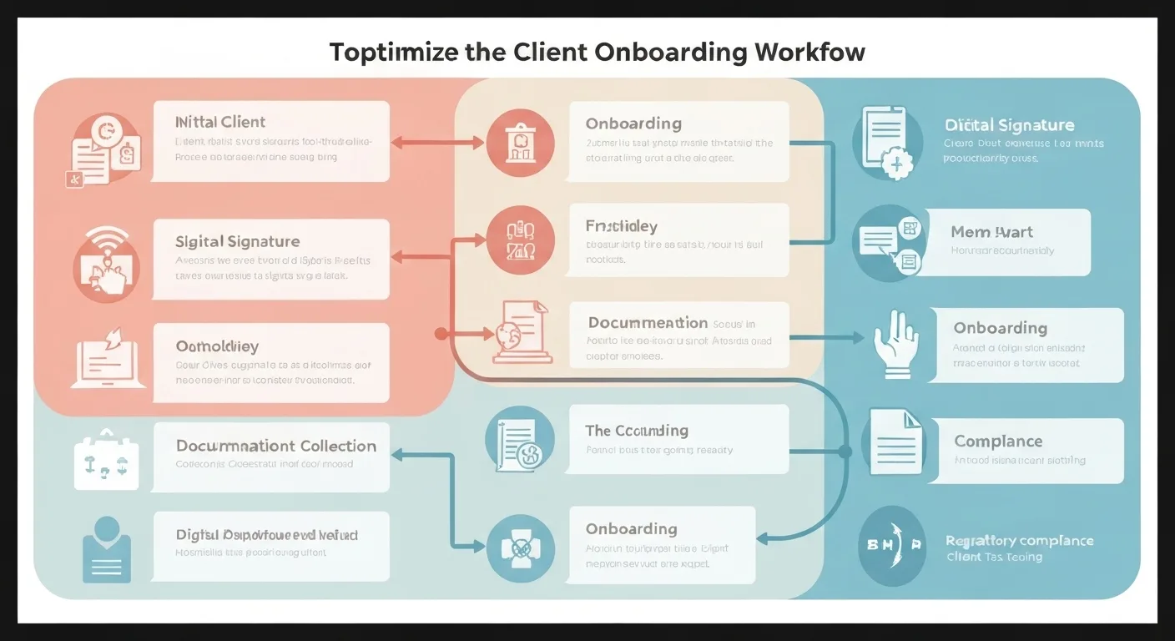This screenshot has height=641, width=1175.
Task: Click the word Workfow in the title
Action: pos(809,52)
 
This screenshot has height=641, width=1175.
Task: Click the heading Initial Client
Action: pos(220,122)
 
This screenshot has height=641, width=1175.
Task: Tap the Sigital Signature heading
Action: pos(237,241)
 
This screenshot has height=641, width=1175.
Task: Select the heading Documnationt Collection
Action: pos(276,446)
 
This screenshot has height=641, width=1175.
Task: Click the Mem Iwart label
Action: pos(991,232)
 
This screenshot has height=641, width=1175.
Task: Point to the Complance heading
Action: pos(998,441)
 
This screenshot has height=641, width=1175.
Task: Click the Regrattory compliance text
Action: pos(1019,540)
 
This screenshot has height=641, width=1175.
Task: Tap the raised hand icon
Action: pos(895,344)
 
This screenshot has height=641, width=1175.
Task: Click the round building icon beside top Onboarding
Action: pos(519,143)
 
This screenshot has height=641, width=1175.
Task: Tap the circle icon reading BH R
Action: pos(892,545)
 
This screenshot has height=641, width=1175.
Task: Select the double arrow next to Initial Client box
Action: pos(437,143)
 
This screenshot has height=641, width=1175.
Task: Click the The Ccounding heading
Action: pos(637,431)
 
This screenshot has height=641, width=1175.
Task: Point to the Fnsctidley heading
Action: pos(621,226)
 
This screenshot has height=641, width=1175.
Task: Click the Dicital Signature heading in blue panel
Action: pos(1009,125)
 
